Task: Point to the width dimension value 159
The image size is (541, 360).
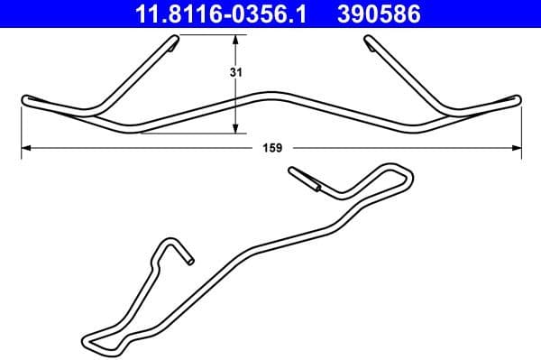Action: point(270,147)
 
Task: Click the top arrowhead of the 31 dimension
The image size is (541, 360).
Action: point(236,41)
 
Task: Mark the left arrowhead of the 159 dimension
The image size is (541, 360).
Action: point(25,147)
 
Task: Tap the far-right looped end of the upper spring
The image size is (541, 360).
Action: point(516,97)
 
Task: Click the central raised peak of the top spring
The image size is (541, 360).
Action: point(271,94)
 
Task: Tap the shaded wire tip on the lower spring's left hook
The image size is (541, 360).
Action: point(188,259)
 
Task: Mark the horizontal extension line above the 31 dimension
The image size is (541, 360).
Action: point(212,36)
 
